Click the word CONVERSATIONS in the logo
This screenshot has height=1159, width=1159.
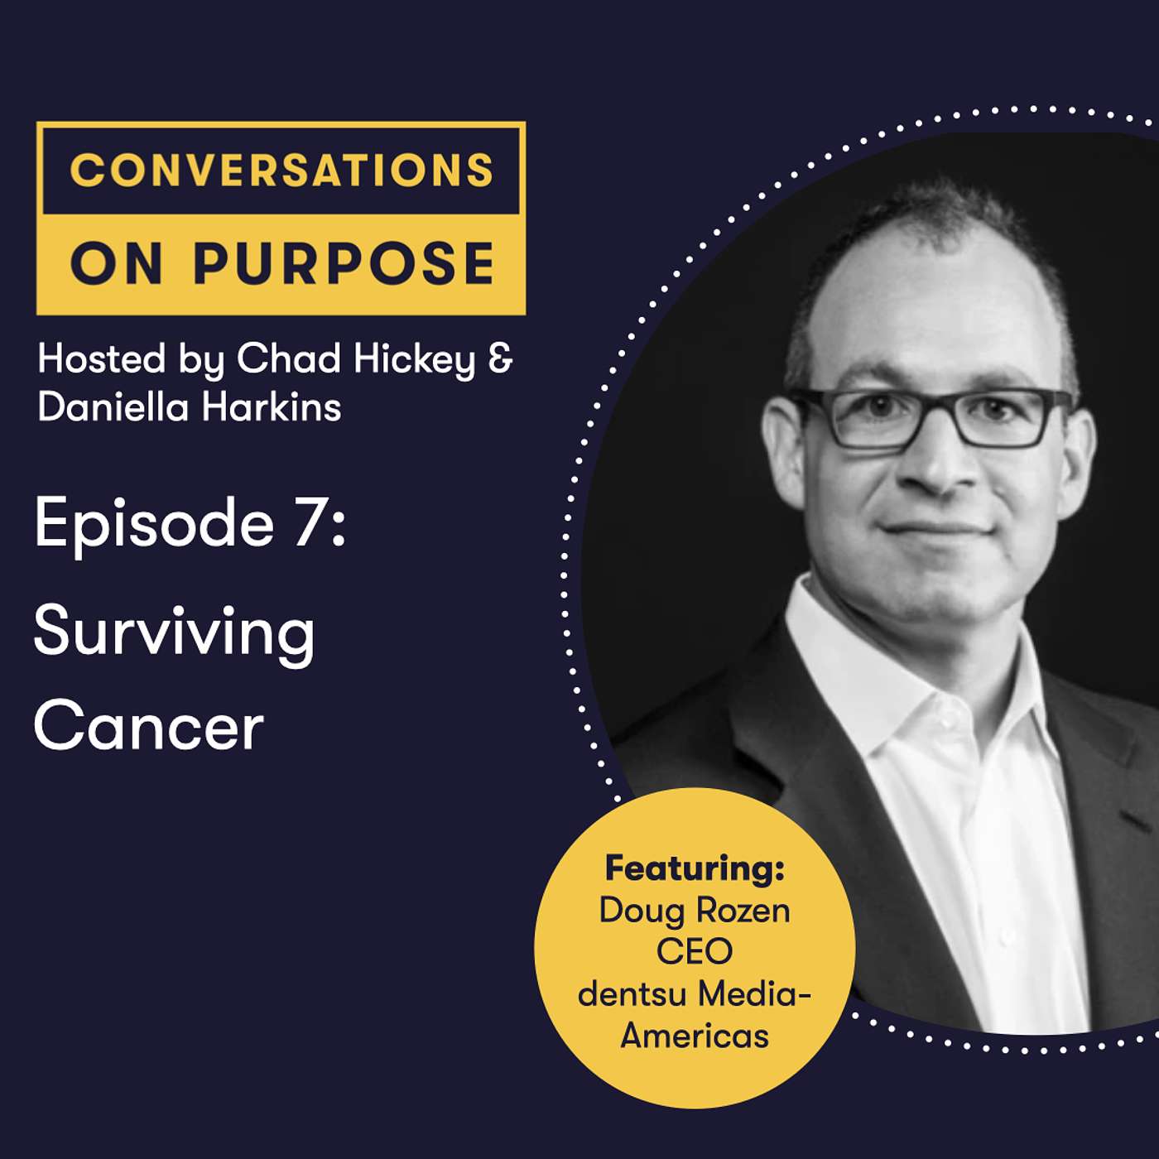pos(281,170)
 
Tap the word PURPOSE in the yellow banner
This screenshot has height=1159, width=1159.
pos(344,263)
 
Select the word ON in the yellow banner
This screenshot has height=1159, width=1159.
pos(117,263)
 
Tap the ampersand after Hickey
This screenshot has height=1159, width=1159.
pos(500,359)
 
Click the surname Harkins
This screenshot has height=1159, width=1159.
pos(272,406)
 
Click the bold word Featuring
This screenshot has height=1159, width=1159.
pos(695,869)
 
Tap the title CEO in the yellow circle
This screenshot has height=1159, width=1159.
pos(695,951)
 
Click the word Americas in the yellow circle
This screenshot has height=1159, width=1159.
pos(695,1036)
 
